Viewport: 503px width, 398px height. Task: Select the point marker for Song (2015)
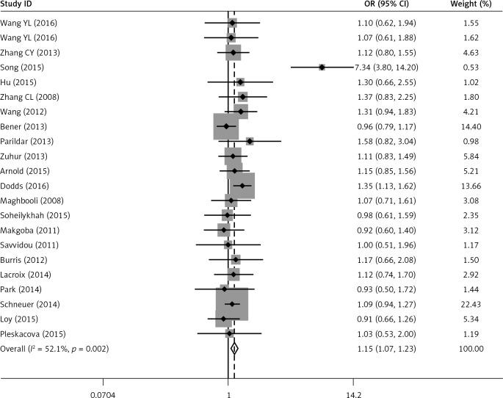point(322,68)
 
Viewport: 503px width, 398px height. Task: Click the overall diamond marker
point(234,349)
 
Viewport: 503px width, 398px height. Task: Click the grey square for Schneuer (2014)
point(231,304)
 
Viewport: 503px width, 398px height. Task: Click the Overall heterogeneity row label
point(55,349)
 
